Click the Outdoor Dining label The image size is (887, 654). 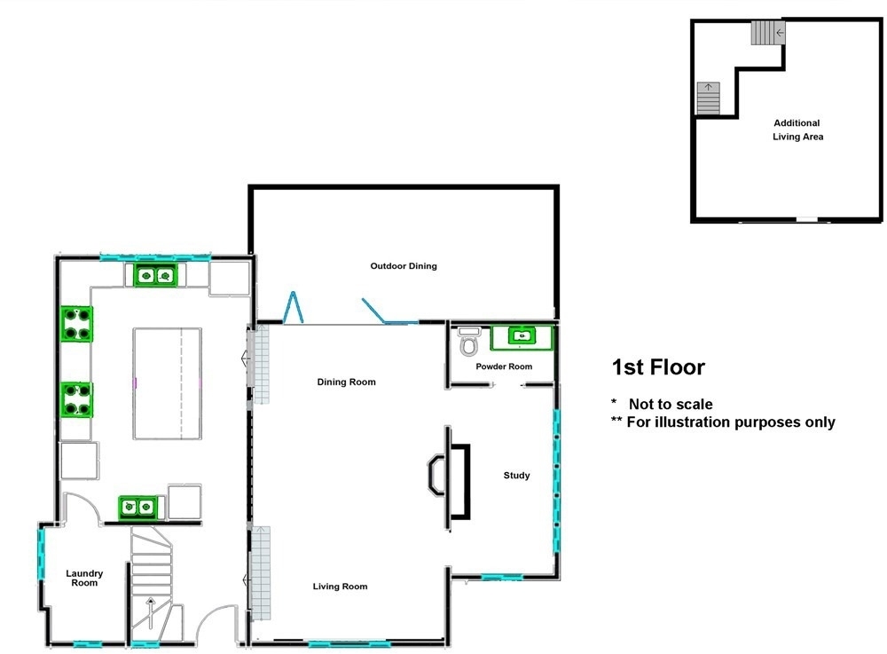click(404, 266)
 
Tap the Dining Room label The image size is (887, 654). click(346, 382)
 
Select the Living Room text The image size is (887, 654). click(340, 587)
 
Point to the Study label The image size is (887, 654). click(516, 476)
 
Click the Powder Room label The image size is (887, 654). click(504, 366)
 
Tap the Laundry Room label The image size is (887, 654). click(84, 579)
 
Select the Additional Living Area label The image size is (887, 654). click(797, 130)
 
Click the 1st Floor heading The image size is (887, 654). click(658, 367)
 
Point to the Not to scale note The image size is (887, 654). click(671, 404)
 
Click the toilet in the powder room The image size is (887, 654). click(469, 342)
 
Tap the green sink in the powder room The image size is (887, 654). click(522, 338)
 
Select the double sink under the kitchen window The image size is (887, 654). click(155, 276)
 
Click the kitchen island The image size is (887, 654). click(168, 383)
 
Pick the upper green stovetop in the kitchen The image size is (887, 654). click(76, 324)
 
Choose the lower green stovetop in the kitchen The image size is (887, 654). click(76, 400)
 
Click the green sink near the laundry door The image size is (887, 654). click(138, 508)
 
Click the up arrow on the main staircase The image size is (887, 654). click(151, 612)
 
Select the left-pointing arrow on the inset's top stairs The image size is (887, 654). click(780, 33)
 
